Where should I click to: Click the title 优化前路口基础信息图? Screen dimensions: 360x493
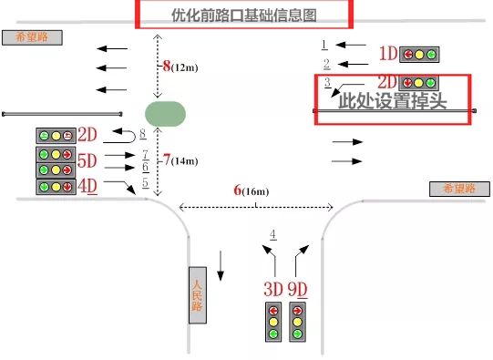243,15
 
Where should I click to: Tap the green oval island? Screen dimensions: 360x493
165,114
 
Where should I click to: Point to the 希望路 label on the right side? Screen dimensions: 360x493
460,189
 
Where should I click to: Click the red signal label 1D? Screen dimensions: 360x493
388,54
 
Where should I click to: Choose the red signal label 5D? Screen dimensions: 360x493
87,161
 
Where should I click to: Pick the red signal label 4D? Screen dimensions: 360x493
87,187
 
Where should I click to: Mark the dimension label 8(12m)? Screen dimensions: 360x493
180,67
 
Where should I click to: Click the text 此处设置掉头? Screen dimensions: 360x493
392,101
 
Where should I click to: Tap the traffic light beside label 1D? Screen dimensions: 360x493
419,54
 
